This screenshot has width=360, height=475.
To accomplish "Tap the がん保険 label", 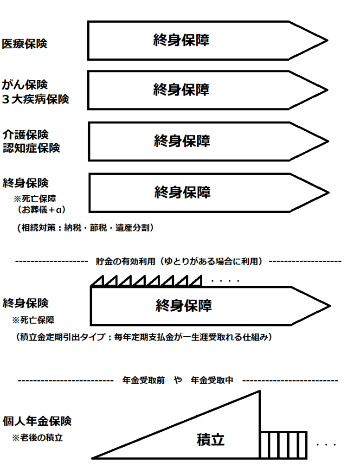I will [25, 85].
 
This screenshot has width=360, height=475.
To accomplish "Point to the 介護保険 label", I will [25, 135].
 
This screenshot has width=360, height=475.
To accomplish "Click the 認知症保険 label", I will [31, 148].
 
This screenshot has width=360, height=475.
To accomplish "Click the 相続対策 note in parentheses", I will [84, 228].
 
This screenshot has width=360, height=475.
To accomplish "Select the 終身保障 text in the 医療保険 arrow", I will [181, 40].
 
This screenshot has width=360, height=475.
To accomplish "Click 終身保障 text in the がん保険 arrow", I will [181, 89].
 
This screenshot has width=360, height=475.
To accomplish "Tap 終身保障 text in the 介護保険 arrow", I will [182, 140].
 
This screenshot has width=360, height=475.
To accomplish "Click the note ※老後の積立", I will [37, 437].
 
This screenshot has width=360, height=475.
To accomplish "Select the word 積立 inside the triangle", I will [211, 439].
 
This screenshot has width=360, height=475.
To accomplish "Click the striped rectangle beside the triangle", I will [283, 445].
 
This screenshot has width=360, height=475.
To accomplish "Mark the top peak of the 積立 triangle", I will [259, 392].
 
